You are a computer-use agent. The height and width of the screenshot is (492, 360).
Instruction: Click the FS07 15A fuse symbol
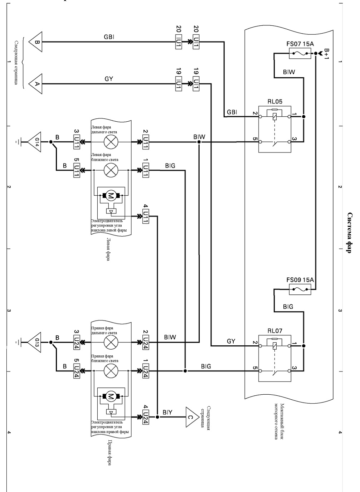(300, 53)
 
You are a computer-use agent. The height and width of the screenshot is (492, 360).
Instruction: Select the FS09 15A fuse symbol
(300, 289)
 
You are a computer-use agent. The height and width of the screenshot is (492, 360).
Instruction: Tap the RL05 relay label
(275, 102)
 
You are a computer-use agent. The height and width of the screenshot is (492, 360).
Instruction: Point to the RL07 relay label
(275, 331)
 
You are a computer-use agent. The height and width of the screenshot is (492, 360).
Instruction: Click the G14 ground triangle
(35, 142)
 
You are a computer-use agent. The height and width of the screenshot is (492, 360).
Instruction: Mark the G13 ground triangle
(35, 342)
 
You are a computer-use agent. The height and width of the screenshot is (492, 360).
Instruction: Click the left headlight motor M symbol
(111, 195)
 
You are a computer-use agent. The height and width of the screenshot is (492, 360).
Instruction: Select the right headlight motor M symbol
(111, 396)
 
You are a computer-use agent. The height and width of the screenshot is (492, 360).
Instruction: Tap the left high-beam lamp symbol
(111, 142)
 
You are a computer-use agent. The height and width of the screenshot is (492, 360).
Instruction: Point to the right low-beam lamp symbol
(111, 371)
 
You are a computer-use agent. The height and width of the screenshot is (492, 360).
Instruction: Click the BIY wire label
(167, 412)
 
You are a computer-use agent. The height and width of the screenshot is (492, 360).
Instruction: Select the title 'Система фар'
(350, 233)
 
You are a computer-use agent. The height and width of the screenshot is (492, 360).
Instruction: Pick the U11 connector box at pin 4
(146, 216)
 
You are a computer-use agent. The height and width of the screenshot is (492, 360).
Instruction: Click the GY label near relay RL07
(231, 341)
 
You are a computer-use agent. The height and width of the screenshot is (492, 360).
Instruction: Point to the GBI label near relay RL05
(232, 112)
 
